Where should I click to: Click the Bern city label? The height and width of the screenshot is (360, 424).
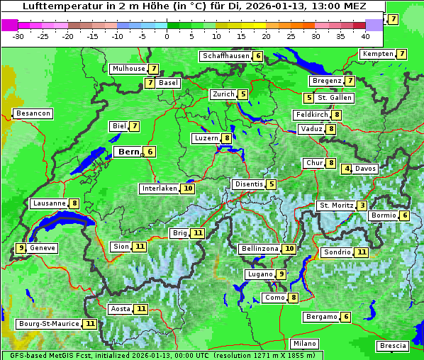[x=128, y=152]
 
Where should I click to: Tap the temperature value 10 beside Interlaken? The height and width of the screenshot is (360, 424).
[x=188, y=189]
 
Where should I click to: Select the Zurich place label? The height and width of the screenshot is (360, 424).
[x=223, y=94]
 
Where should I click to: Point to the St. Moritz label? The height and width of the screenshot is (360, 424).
[x=336, y=206]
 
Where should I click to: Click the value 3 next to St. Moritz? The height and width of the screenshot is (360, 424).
[x=362, y=206]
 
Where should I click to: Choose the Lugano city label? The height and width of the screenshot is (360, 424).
[x=259, y=274]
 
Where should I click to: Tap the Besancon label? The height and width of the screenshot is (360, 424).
[x=33, y=113]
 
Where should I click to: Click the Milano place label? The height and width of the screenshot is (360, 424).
[x=306, y=344]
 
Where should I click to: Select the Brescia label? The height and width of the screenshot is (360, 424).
[x=393, y=346]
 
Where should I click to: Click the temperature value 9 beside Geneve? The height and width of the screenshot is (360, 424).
[x=21, y=248]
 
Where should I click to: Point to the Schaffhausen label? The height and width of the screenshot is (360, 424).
[x=223, y=56]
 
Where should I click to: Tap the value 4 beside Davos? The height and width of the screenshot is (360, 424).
[x=347, y=169]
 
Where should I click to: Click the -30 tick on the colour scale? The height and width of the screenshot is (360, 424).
[x=18, y=35]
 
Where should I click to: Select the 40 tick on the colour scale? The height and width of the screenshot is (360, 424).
[x=365, y=35]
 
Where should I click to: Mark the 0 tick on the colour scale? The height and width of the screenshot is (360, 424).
[x=167, y=35]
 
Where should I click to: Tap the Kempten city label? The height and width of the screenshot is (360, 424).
[x=377, y=54]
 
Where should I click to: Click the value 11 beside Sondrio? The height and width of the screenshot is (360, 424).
[x=362, y=252]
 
